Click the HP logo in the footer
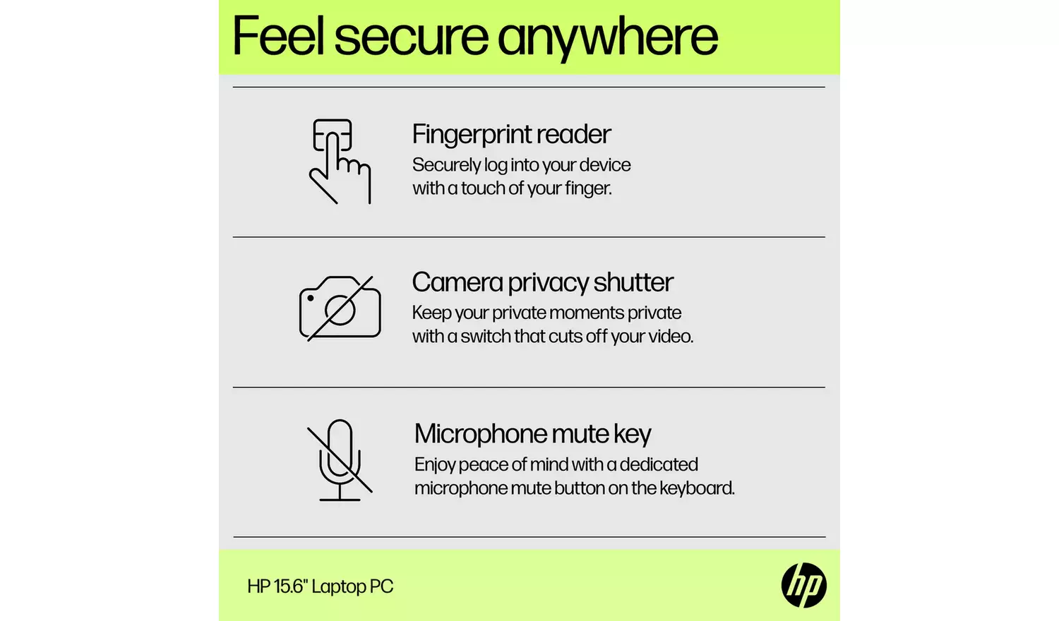803,586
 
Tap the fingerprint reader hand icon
340,162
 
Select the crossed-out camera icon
340,308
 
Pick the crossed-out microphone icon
340,460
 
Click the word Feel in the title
279,37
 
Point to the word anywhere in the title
608,37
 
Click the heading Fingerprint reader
511,134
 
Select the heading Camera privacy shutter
542,282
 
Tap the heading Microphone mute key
532,434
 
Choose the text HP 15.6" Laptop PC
320,586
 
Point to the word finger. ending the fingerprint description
588,188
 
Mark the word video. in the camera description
671,337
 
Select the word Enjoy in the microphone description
434,465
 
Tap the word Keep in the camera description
431,313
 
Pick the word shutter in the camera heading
633,282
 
